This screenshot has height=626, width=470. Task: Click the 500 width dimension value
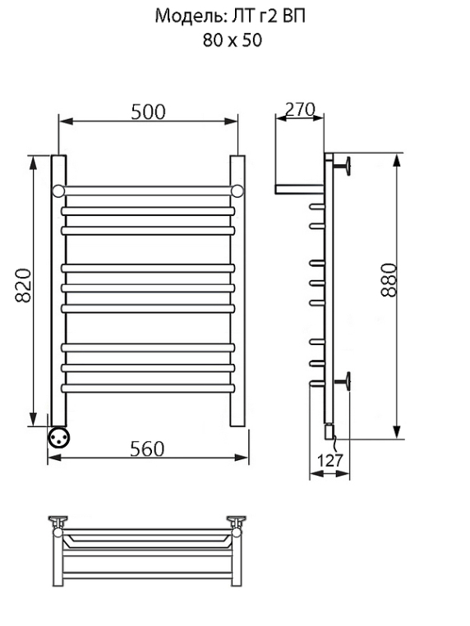(148, 113)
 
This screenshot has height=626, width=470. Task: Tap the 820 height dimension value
(23, 285)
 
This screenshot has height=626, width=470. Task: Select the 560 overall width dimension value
(147, 449)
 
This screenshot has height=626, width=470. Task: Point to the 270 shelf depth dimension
(300, 109)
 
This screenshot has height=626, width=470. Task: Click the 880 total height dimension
(389, 279)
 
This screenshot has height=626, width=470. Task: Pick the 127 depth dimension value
(329, 460)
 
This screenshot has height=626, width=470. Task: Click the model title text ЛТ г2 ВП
(265, 16)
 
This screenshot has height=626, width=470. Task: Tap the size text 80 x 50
(232, 40)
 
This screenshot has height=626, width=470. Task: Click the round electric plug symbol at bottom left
(58, 437)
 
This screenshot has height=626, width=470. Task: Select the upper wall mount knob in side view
(344, 165)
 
